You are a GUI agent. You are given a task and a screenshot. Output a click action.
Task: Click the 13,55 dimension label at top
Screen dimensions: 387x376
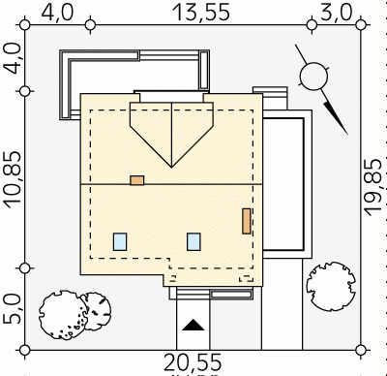201,13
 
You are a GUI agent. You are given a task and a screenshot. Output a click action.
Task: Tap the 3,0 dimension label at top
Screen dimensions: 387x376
336,13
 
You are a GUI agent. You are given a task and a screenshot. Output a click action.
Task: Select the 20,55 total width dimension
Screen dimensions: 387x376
193,362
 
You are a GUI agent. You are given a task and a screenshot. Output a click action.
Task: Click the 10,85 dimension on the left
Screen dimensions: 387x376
13,179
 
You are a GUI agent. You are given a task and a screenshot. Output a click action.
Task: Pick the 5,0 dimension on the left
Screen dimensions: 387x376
13,308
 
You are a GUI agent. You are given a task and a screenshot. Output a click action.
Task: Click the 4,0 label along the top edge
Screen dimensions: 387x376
58,13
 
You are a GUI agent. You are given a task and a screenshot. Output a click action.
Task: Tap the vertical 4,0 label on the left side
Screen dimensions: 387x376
13,58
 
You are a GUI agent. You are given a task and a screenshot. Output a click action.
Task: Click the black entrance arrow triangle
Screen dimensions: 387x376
193,326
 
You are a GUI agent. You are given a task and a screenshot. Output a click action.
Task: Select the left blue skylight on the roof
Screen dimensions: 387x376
120,241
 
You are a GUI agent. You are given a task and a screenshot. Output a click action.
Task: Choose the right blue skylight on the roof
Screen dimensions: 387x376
193,241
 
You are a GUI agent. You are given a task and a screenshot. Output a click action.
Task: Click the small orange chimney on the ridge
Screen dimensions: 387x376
137,180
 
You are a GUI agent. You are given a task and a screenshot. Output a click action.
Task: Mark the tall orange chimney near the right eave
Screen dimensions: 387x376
247,221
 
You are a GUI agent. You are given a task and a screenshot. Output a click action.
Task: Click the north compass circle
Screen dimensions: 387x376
313,77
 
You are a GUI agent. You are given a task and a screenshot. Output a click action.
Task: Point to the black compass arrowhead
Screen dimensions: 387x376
336,118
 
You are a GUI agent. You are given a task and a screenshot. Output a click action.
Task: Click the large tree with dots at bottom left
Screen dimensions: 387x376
63,315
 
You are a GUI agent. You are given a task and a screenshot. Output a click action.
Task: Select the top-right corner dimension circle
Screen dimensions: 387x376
362,24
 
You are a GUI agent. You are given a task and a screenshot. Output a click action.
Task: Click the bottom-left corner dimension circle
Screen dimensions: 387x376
25,350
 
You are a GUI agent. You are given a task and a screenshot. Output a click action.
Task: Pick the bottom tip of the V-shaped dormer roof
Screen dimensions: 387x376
171,168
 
